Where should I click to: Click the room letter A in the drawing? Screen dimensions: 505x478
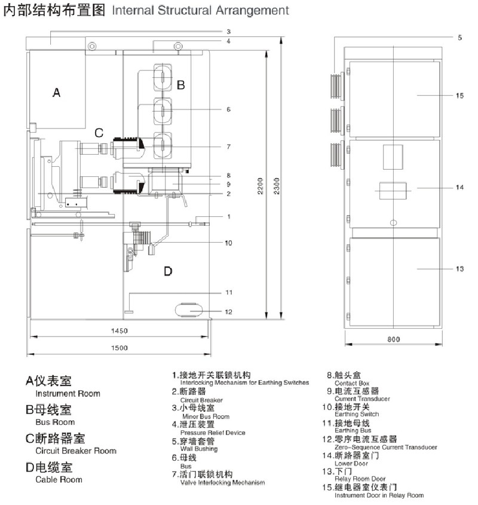(56, 93)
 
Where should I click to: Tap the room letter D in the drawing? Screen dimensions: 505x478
(168, 272)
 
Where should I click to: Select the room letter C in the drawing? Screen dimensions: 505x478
(99, 132)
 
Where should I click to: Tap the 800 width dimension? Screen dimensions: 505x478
(393, 339)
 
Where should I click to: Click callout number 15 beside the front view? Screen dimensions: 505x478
(459, 96)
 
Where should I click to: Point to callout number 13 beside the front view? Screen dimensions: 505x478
(459, 270)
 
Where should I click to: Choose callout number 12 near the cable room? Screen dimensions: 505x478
(228, 311)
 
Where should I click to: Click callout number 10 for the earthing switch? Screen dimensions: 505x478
(228, 243)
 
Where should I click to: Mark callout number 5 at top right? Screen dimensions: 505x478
(459, 38)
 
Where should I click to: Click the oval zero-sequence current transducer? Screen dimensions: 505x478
(190, 310)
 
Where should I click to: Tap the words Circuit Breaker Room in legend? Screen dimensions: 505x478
(76, 451)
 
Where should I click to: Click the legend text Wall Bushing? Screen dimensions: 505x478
(198, 449)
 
